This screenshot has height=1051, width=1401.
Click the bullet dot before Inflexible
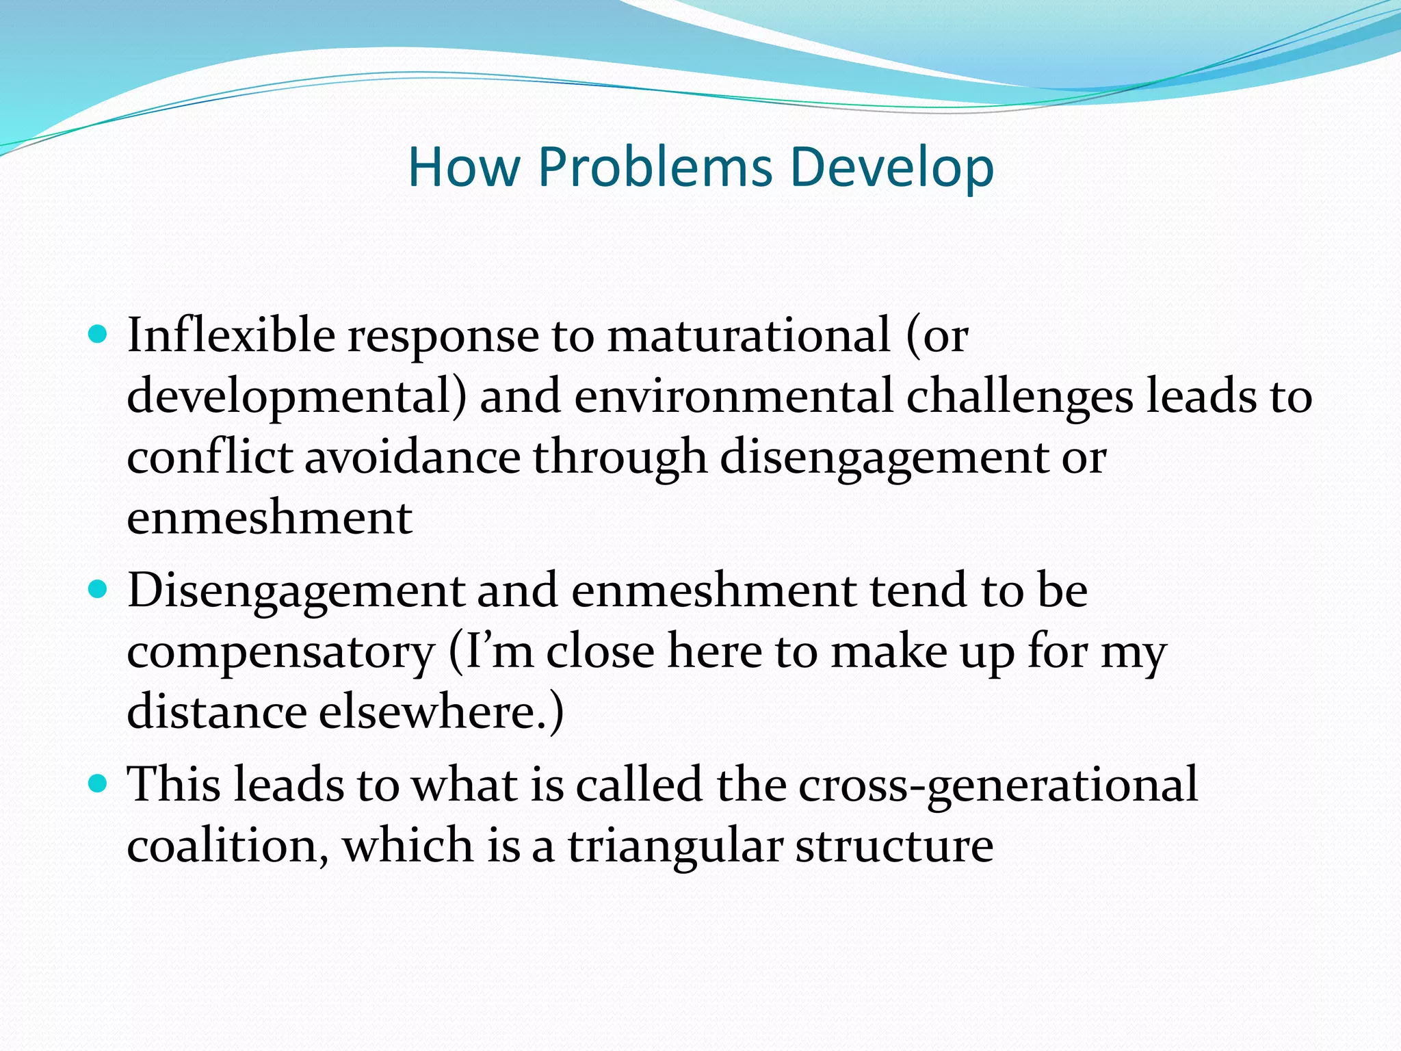pos(99,335)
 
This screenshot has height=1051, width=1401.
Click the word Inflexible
pos(231,336)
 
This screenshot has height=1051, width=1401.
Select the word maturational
pos(749,336)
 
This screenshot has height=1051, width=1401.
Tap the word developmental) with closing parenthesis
pos(296,398)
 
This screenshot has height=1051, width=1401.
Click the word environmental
pos(733,396)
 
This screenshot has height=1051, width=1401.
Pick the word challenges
pos(1019,398)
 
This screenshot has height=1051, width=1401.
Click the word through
pos(619,458)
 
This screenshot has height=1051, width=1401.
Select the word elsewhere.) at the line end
pos(441,712)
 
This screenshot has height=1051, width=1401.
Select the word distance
pos(216,712)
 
